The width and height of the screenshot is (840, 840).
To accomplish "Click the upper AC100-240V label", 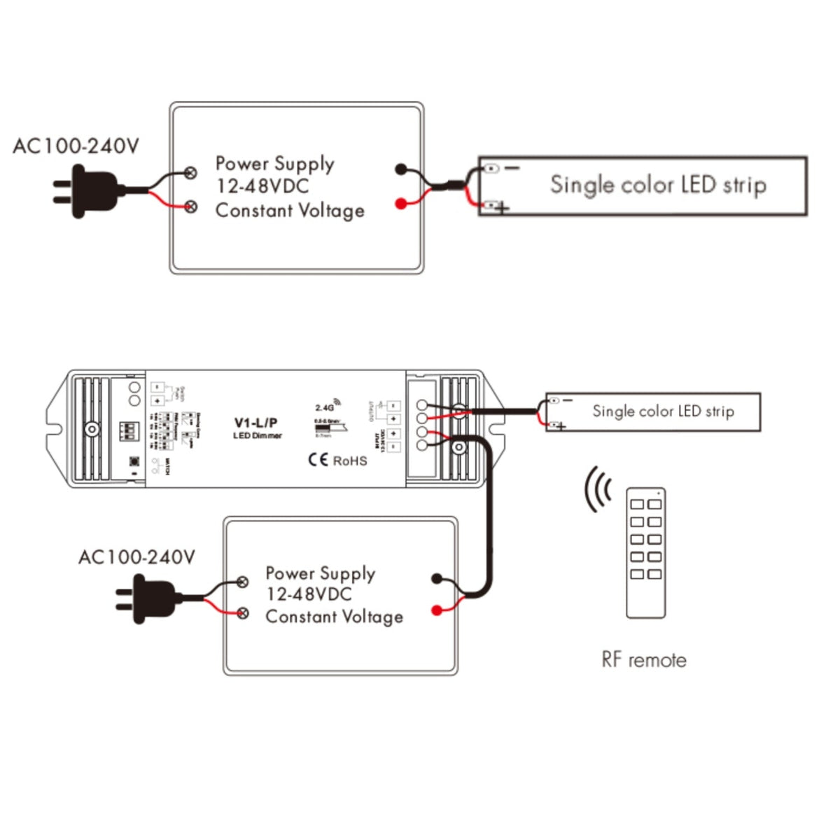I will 76,146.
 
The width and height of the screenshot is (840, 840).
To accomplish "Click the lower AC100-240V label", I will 136,557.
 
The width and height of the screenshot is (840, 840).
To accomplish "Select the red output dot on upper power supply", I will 400,204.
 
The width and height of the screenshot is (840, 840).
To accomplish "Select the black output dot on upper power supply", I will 400,169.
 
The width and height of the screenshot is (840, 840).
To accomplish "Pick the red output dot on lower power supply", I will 437,610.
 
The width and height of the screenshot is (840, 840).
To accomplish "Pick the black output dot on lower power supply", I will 437,578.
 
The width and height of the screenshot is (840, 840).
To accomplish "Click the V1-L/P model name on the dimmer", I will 255,423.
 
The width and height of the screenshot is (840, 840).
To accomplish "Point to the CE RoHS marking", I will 337,460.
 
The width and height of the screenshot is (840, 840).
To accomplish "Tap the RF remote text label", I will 643,659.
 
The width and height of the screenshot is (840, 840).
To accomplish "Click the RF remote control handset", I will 645,553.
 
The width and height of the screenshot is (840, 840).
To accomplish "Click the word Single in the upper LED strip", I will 576,185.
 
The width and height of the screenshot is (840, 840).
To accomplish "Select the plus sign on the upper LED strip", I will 503,208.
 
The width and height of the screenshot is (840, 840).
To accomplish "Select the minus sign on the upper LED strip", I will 512,168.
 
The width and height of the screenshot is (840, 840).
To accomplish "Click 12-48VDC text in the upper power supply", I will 262,186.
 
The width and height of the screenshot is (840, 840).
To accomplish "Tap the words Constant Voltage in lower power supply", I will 334,617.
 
